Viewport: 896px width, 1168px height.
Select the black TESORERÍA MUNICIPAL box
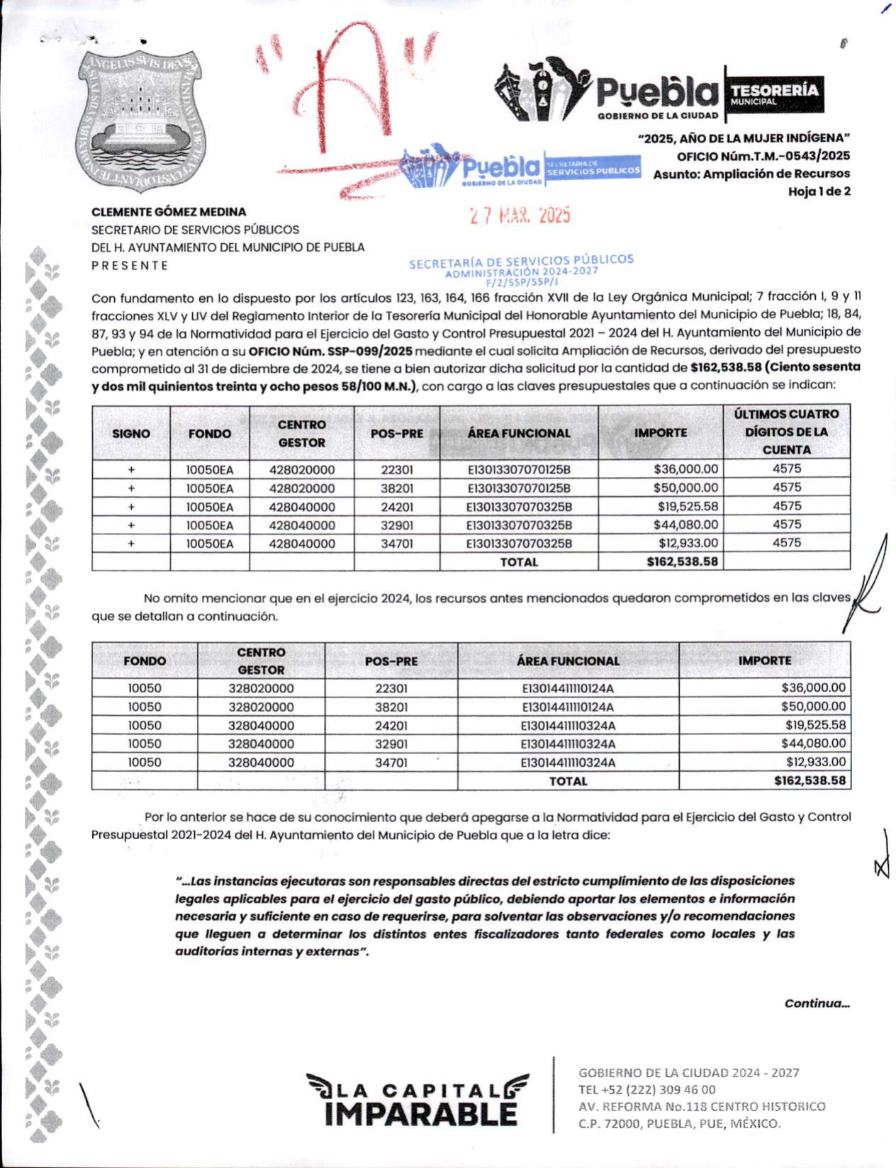point(774,94)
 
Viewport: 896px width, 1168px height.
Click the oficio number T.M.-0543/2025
point(763,156)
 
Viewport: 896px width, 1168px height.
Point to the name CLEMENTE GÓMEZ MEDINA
point(169,212)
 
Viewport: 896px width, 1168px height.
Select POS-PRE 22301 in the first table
point(397,470)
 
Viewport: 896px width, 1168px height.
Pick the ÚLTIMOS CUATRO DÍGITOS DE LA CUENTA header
point(786,432)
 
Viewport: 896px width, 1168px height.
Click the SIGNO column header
point(131,433)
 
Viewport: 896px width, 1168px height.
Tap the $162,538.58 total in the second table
point(810,781)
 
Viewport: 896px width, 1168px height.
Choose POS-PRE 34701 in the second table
point(391,763)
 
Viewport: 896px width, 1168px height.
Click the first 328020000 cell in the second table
point(261,688)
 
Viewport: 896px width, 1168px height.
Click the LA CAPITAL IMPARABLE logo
point(418,1100)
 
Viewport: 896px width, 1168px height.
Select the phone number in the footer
point(647,1089)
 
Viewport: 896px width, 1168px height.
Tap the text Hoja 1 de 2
point(819,191)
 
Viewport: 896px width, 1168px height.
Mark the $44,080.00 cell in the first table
point(685,525)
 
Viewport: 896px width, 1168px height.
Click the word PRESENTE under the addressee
point(130,266)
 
